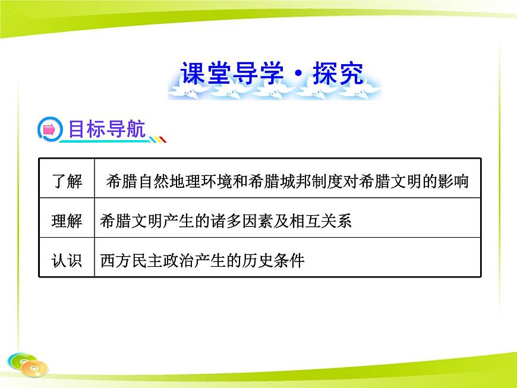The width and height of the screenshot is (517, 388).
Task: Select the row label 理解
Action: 67,221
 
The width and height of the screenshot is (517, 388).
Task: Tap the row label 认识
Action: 67,260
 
